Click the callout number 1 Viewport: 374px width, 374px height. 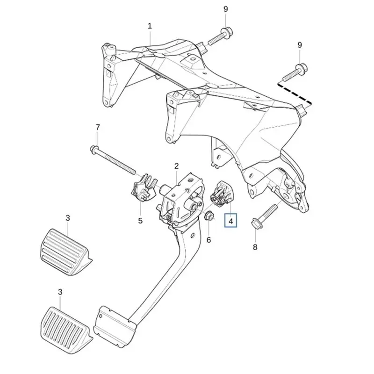pyautogui.click(x=150, y=26)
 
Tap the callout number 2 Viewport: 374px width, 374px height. pyautogui.click(x=177, y=166)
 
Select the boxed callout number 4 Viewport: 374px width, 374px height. pyautogui.click(x=230, y=221)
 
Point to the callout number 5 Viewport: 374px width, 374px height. pyautogui.click(x=140, y=221)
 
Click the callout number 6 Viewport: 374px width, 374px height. pyautogui.click(x=209, y=240)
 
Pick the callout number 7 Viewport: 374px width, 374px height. pyautogui.click(x=98, y=127)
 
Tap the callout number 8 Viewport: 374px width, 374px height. pyautogui.click(x=255, y=247)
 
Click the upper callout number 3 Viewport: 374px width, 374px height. pyautogui.click(x=68, y=218)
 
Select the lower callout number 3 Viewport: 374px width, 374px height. pyautogui.click(x=60, y=292)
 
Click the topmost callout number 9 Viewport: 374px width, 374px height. pyautogui.click(x=226, y=9)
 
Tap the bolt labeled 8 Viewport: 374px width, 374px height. pyautogui.click(x=264, y=216)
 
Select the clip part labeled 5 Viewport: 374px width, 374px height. pyautogui.click(x=144, y=187)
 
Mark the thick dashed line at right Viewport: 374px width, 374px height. pyautogui.click(x=295, y=94)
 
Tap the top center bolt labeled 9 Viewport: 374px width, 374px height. pyautogui.click(x=220, y=36)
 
